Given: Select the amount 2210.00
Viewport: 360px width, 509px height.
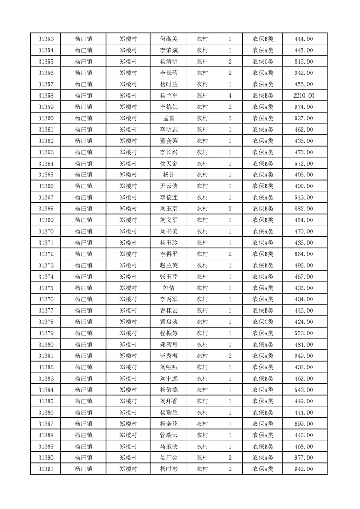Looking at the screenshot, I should pyautogui.click(x=304, y=96).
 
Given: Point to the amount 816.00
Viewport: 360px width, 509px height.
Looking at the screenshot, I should pyautogui.click(x=304, y=62).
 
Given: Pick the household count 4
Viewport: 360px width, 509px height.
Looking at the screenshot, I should pyautogui.click(x=230, y=96).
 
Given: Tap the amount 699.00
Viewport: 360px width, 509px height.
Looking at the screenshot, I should pyautogui.click(x=304, y=424).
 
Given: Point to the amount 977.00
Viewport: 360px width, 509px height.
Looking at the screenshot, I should pyautogui.click(x=304, y=458).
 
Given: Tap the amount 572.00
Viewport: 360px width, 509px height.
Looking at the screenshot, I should pyautogui.click(x=304, y=163).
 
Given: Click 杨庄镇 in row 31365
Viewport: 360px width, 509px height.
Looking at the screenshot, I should pyautogui.click(x=84, y=175).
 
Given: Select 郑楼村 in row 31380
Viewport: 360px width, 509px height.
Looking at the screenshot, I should pyautogui.click(x=128, y=344).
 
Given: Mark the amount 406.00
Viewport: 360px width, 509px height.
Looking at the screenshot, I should pyautogui.click(x=304, y=175).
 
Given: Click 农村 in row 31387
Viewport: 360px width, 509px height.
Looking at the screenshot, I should pyautogui.click(x=202, y=424).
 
